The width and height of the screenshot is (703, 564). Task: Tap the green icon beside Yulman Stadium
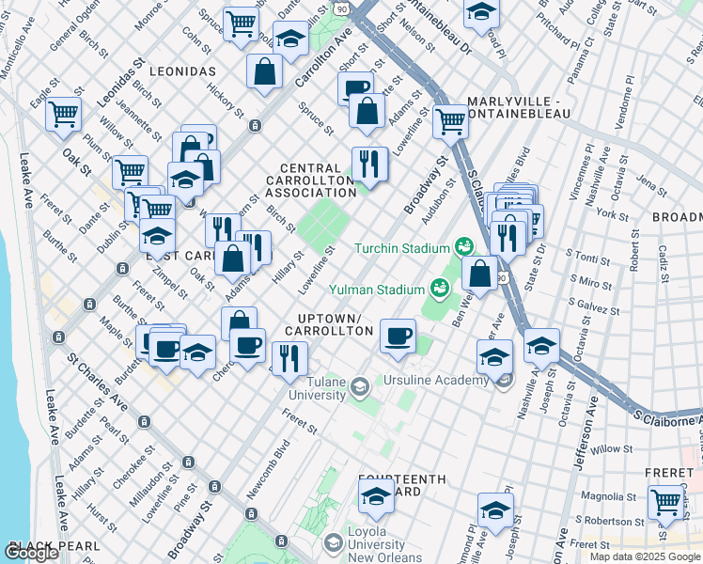pos(438,289)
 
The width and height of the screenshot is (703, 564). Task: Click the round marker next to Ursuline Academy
pos(505,380)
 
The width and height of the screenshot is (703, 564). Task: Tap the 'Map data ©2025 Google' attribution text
pos(645,556)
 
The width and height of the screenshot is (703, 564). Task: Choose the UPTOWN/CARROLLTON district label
pos(336,325)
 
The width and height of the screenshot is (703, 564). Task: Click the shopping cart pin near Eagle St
pos(64,115)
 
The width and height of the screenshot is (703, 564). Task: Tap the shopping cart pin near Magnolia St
pos(666,502)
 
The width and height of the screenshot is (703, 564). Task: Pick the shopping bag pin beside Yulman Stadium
pos(479,274)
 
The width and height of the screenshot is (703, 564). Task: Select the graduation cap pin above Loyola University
pos(376,496)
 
